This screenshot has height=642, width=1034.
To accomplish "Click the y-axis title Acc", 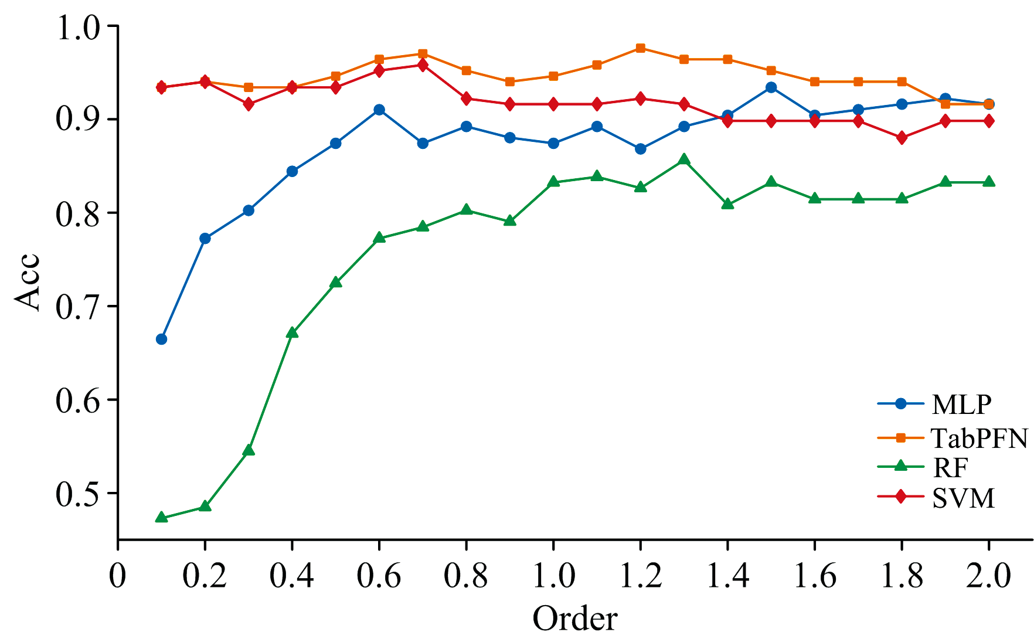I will pyautogui.click(x=27, y=282).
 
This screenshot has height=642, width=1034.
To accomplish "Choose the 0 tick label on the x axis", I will pyautogui.click(x=118, y=576).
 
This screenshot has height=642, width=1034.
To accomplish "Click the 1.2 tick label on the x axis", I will pyautogui.click(x=640, y=576).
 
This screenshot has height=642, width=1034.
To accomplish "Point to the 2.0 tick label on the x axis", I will pyautogui.click(x=988, y=576).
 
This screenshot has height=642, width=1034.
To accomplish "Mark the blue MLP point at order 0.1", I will pyautogui.click(x=161, y=339).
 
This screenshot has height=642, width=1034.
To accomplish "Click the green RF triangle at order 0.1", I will pyautogui.click(x=161, y=518).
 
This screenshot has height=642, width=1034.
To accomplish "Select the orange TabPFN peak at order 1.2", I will pyautogui.click(x=640, y=48).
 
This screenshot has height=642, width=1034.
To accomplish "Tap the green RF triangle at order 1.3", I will pyautogui.click(x=683, y=159).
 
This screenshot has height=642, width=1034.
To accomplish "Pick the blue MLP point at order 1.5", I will pyautogui.click(x=771, y=87).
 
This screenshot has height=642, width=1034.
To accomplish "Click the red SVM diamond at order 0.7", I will pyautogui.click(x=423, y=65).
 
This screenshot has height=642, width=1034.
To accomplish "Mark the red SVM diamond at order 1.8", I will pyautogui.click(x=902, y=138).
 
